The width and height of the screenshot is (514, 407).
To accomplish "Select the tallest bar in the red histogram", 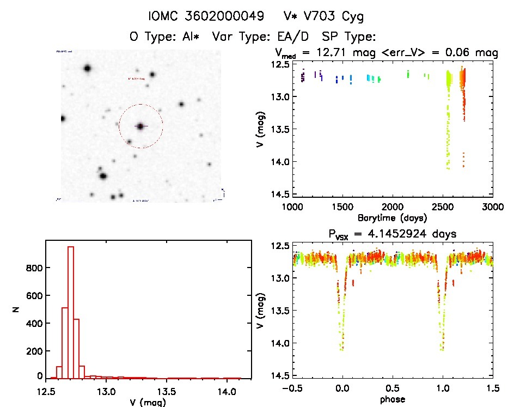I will tap(70, 312).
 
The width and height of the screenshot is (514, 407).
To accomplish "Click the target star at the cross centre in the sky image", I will tap(140, 126).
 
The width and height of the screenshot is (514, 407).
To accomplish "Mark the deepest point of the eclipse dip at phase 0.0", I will tap(341, 350).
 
